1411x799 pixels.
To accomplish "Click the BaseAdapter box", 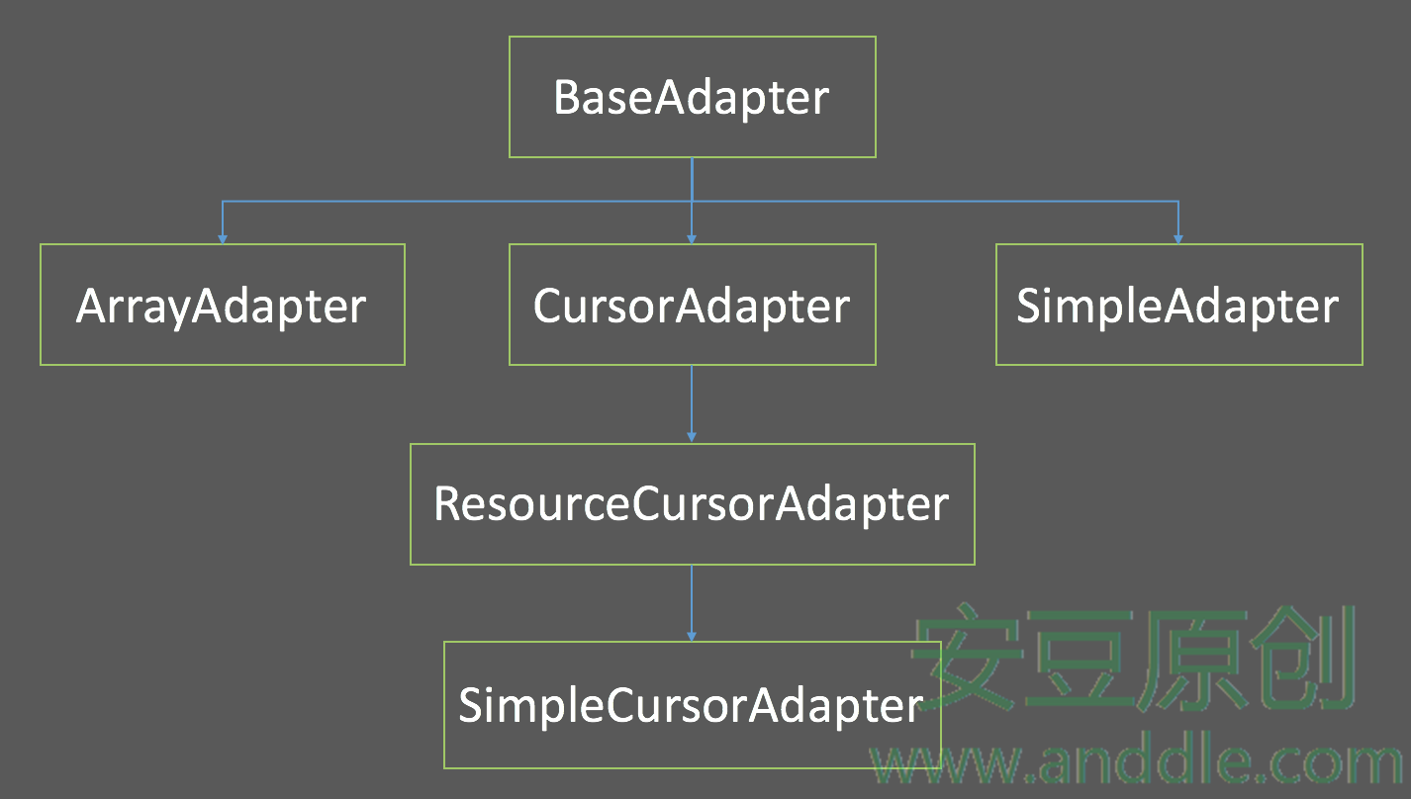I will pos(692,97).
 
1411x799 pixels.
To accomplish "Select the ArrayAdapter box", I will pos(222,305).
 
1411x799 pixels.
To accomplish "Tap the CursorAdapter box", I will pos(692,305).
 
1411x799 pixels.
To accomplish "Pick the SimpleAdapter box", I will pos(1178,305).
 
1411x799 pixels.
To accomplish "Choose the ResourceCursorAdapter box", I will pos(692,503).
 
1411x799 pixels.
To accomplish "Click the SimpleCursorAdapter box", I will pos(692,704).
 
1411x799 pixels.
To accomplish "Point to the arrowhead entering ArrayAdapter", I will pos(223,238).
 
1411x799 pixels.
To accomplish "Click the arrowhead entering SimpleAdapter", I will pos(1178,238).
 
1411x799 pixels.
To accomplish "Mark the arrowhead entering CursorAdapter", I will pos(692,238).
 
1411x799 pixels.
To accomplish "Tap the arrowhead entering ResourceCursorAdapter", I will pos(692,437).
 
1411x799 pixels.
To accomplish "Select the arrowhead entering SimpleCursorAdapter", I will pos(692,635).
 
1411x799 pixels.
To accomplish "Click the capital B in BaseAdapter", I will pos(567,98).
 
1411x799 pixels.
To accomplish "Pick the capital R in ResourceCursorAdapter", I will pos(447,503).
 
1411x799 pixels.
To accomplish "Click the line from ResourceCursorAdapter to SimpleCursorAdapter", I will pos(692,598).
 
